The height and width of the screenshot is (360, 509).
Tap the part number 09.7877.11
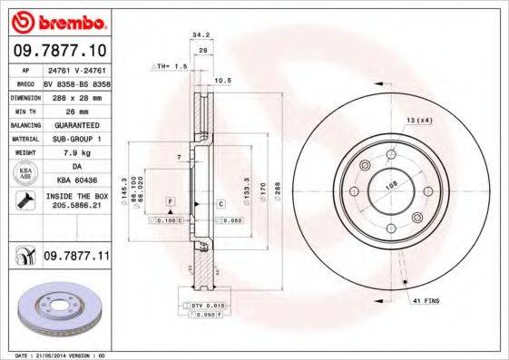tap(76, 258)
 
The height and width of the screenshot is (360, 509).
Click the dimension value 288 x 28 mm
tap(76, 95)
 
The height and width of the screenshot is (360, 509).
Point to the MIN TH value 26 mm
tap(76, 109)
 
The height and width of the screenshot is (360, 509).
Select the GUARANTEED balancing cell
tap(76, 123)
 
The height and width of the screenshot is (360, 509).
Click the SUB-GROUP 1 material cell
tap(76, 138)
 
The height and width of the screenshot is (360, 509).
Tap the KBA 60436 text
tap(76, 180)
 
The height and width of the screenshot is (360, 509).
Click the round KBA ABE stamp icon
tap(24, 173)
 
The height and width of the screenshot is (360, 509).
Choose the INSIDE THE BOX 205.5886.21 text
tap(76, 201)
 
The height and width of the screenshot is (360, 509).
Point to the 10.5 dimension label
tap(223, 80)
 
